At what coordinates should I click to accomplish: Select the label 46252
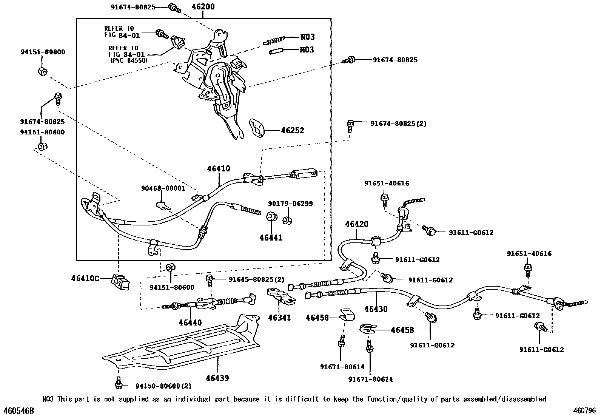(292, 131)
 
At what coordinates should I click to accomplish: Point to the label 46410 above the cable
(218, 169)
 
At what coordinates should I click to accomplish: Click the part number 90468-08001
(163, 188)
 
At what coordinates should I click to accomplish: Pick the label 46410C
(85, 279)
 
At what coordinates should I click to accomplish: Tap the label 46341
(279, 318)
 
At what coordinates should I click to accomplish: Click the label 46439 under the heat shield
(217, 378)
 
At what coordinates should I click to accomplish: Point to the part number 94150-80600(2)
(163, 386)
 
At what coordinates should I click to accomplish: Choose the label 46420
(356, 224)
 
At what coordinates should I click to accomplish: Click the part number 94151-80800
(43, 52)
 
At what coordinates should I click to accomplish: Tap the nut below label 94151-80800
(43, 71)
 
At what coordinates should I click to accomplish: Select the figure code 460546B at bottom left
(19, 410)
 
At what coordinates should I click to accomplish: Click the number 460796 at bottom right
(584, 410)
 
